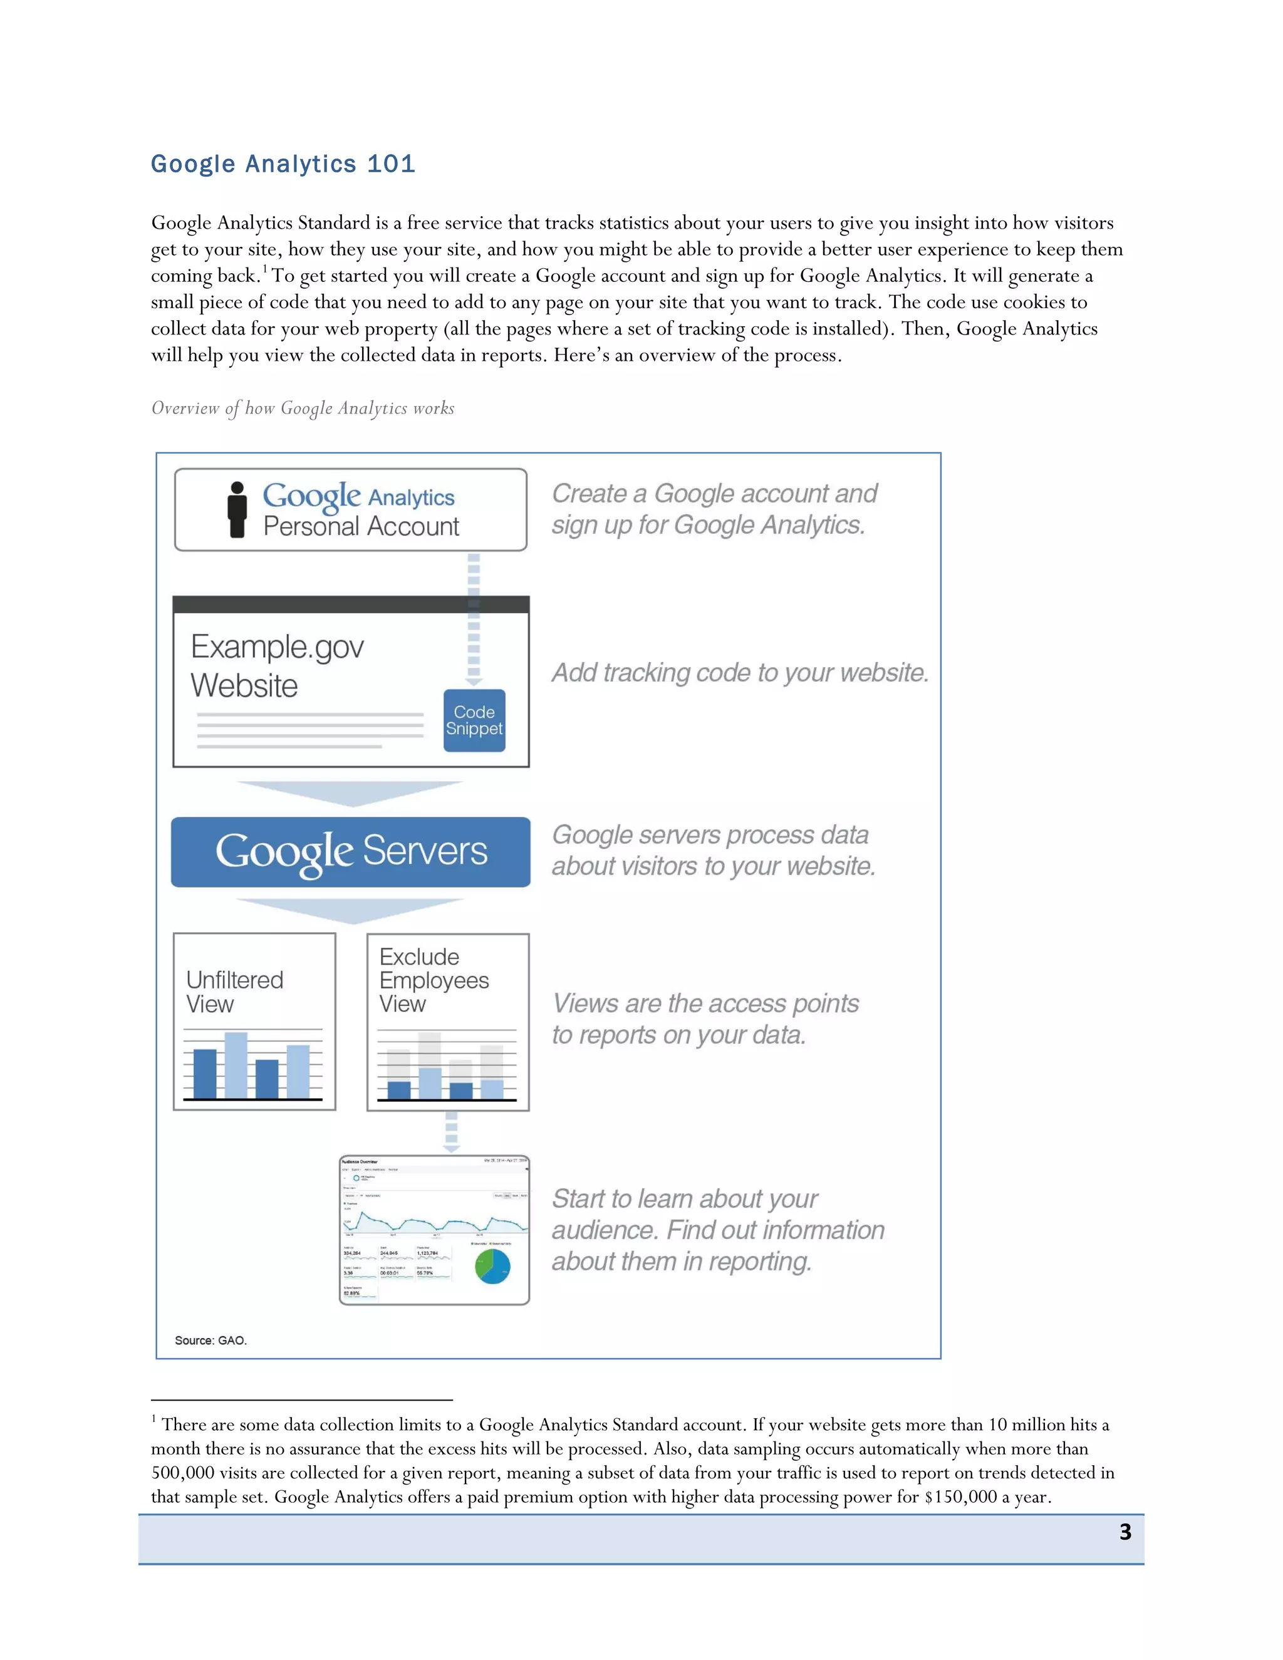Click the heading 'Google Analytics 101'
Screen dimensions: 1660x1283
point(283,164)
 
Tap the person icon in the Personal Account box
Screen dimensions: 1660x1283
point(237,509)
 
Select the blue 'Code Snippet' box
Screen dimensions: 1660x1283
point(474,720)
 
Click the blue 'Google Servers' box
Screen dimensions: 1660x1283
point(350,852)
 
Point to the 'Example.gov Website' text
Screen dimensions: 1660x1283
point(278,666)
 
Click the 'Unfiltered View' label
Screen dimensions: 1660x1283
point(234,992)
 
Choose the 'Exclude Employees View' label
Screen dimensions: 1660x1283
point(434,980)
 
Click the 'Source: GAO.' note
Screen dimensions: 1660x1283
point(210,1340)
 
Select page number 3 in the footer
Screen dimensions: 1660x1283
point(1125,1532)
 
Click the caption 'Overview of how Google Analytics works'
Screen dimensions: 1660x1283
point(303,408)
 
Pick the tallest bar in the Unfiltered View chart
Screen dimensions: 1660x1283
point(236,1065)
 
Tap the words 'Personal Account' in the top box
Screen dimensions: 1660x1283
point(361,527)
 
